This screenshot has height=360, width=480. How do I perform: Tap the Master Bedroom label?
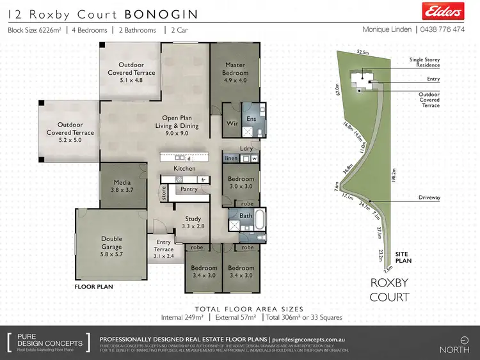[235, 68]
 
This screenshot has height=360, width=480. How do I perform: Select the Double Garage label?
[111, 242]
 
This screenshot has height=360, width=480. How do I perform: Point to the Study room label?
[193, 222]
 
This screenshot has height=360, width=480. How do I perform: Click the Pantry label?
[189, 189]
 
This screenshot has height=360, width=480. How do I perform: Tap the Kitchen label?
[184, 168]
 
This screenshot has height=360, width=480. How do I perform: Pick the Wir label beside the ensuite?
[232, 123]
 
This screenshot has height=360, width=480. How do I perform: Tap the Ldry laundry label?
[246, 148]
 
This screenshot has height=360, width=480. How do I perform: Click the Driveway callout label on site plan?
[429, 198]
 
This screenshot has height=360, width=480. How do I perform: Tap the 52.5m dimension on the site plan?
[364, 53]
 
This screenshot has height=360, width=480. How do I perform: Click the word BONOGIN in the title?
[161, 13]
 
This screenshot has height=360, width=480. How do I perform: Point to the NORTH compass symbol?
[455, 341]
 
